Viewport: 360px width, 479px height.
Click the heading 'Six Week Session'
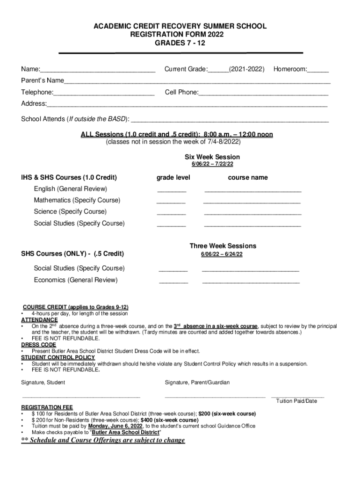(212, 157)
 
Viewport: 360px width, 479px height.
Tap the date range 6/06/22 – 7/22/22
(212, 165)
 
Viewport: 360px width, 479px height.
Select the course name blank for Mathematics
(252, 203)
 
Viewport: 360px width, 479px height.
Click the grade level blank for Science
(171, 214)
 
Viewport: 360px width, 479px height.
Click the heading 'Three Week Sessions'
(223, 246)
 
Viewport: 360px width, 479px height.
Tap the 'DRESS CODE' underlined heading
(39, 345)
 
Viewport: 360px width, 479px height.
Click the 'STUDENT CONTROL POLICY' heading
(58, 357)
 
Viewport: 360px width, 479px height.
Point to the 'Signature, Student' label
(43, 383)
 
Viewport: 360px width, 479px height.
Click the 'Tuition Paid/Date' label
(296, 401)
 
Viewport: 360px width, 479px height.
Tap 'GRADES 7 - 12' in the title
(180, 43)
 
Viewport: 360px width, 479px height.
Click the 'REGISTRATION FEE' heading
(47, 407)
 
